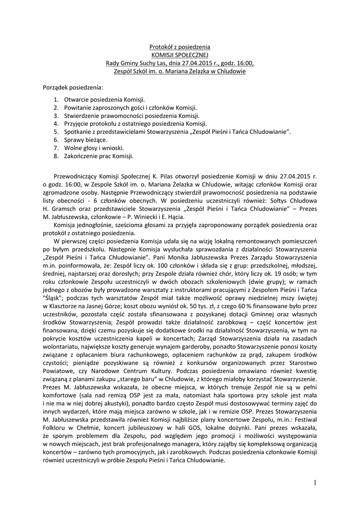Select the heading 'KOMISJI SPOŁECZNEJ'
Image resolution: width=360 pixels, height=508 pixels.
pyautogui.click(x=180, y=55)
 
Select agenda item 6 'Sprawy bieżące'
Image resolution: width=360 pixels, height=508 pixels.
pyautogui.click(x=82, y=140)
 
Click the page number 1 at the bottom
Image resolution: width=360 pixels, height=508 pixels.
pyautogui.click(x=314, y=482)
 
